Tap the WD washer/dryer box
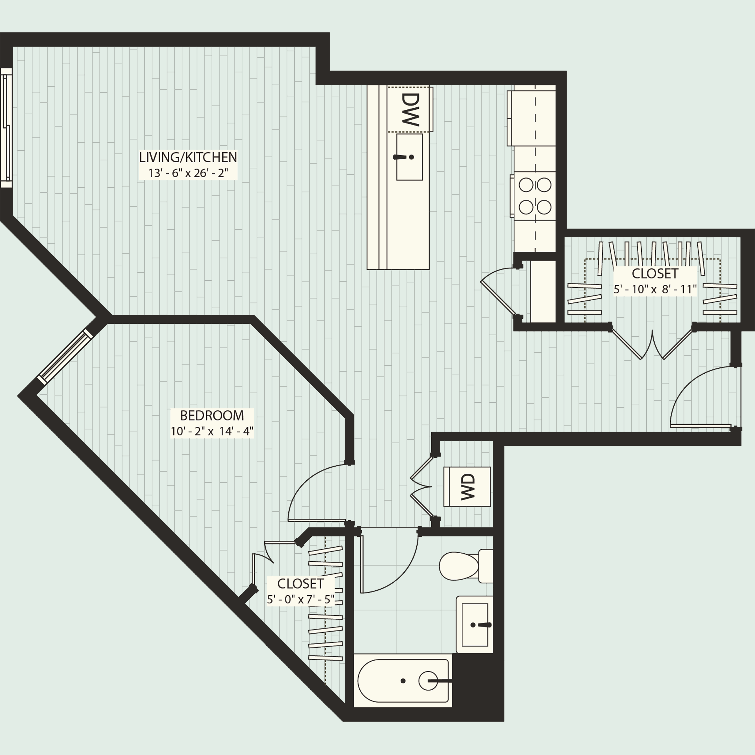[x=467, y=487]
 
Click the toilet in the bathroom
[x=465, y=566]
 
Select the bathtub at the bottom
[x=403, y=680]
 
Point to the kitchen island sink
[x=409, y=157]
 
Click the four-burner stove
[x=534, y=196]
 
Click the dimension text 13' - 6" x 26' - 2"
[x=188, y=173]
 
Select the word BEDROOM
[x=212, y=415]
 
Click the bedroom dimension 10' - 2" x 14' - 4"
[x=212, y=431]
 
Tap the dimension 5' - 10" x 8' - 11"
[x=655, y=289]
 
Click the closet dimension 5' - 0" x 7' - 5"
[x=301, y=599]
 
